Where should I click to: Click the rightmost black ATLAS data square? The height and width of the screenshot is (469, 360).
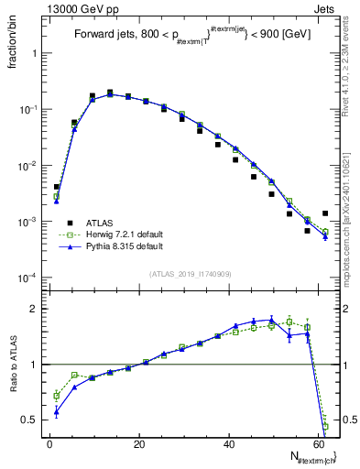(324, 213)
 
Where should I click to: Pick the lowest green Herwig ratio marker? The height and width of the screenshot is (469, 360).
(325, 427)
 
